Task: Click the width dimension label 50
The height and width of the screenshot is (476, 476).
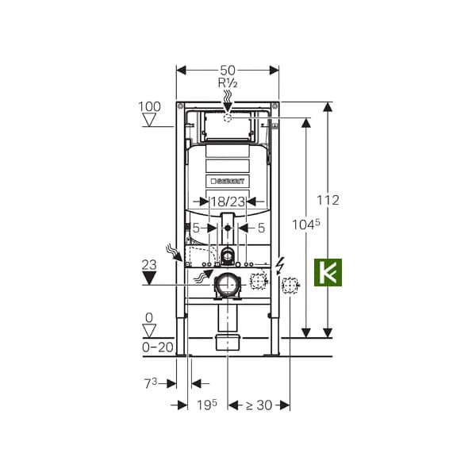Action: (x=228, y=71)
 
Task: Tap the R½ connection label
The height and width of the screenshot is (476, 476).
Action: (x=228, y=83)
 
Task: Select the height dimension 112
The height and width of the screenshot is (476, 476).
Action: (x=328, y=201)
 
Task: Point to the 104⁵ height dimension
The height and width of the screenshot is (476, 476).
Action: (x=306, y=225)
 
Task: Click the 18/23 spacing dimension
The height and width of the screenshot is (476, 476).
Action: (x=228, y=202)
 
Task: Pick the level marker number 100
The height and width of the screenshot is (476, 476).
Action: (x=149, y=106)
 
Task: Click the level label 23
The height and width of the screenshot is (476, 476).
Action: (x=149, y=265)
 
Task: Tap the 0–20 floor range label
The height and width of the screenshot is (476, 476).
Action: (x=158, y=347)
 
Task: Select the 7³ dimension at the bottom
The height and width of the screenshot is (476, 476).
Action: (x=151, y=384)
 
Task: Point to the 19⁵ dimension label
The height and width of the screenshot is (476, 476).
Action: (x=207, y=405)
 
